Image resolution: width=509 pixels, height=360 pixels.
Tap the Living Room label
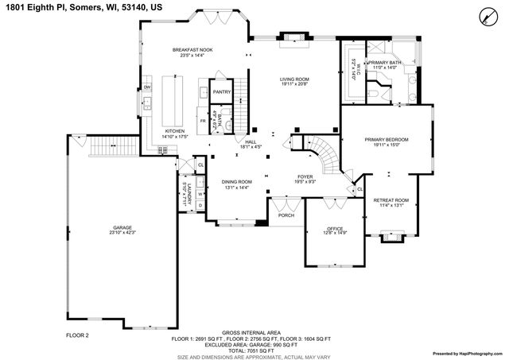click(293, 79)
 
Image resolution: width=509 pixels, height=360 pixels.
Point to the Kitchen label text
click(175, 131)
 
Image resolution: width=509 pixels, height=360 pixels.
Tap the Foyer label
click(305, 176)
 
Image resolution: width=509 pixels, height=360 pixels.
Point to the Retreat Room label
click(390, 199)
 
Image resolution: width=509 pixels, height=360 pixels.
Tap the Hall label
click(251, 141)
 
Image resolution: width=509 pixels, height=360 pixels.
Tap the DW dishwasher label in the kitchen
click(148, 86)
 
